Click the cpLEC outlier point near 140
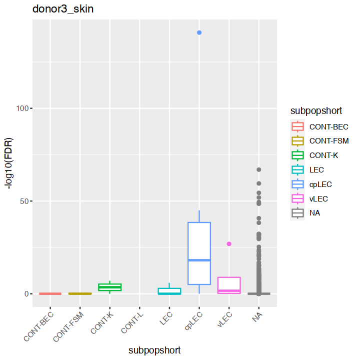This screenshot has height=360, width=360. point(199,32)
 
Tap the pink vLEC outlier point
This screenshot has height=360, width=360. point(229,243)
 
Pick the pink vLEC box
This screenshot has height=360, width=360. point(229,285)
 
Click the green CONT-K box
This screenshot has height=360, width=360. point(109,287)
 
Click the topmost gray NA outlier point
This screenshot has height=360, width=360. point(259,169)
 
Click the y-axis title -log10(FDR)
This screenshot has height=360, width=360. point(9,162)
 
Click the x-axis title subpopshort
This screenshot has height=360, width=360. point(154,350)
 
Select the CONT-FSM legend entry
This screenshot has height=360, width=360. point(328,141)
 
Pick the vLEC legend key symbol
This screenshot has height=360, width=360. point(297,198)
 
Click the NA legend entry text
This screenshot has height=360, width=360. point(314,213)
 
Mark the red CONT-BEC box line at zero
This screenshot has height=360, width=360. point(50,293)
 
